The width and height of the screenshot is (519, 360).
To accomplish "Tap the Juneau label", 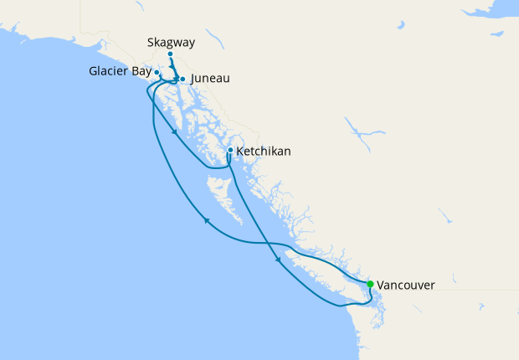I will click(210, 80).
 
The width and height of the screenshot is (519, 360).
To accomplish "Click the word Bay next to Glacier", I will click(141, 72).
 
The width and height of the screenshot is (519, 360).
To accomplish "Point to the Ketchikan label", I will click(264, 152).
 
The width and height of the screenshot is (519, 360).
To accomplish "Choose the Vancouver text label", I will click(406, 285).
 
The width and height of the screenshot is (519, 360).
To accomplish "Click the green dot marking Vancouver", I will click(370, 284).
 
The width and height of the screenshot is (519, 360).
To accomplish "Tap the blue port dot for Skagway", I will click(170, 55).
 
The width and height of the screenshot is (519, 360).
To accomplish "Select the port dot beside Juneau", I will click(182, 80).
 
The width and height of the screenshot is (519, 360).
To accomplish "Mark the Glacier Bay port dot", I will click(157, 73).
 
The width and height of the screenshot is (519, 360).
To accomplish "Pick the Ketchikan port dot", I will click(230, 151).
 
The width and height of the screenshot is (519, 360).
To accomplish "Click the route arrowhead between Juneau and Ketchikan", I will click(174, 131).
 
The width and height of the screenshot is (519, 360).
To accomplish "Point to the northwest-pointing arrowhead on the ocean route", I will click(206, 221).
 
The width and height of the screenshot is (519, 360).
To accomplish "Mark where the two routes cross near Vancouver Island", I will click(270, 244).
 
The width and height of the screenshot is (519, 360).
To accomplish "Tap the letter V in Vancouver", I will click(382, 285).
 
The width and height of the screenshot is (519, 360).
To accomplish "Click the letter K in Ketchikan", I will click(241, 152).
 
